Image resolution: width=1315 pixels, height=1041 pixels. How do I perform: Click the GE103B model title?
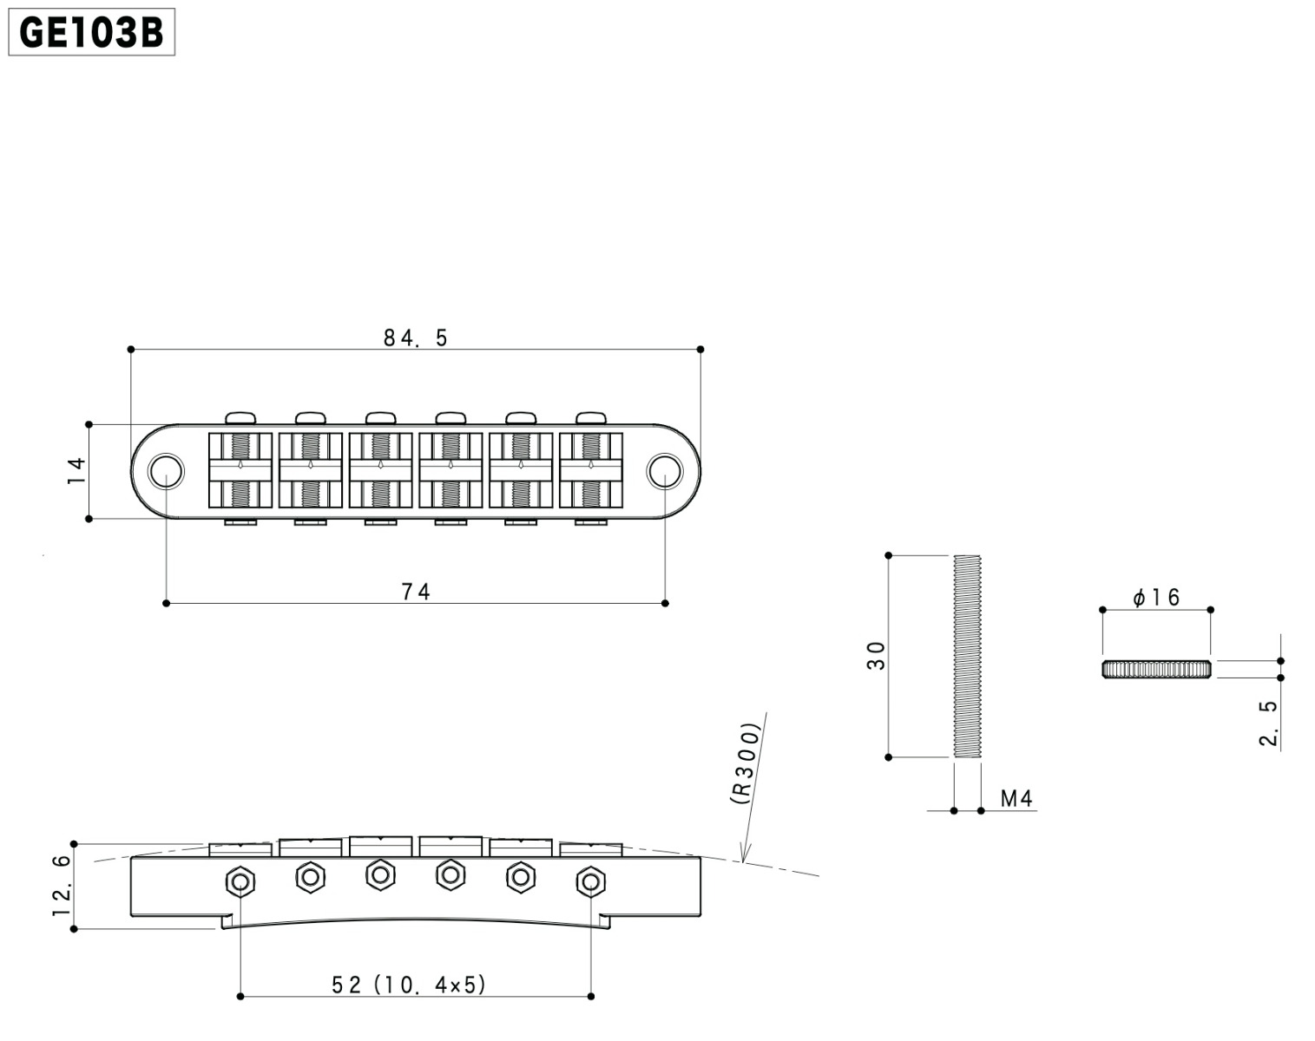pyautogui.click(x=92, y=32)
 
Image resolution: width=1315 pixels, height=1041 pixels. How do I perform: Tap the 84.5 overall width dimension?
pyautogui.click(x=416, y=337)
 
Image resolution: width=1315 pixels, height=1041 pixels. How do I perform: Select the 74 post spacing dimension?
pyautogui.click(x=416, y=592)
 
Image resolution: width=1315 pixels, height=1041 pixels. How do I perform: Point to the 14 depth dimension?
pyautogui.click(x=77, y=471)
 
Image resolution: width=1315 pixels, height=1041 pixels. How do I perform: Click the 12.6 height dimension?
pyautogui.click(x=62, y=886)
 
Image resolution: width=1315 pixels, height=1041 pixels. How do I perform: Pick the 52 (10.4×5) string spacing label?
pyautogui.click(x=409, y=985)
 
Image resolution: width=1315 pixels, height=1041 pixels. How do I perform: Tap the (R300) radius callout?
pyautogui.click(x=746, y=763)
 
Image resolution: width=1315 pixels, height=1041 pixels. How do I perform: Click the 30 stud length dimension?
pyautogui.click(x=876, y=656)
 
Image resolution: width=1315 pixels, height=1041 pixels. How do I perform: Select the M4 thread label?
pyautogui.click(x=1016, y=798)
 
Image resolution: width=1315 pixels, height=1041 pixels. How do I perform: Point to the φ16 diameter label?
pyautogui.click(x=1156, y=597)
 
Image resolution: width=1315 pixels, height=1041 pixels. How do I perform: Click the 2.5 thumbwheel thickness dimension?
pyautogui.click(x=1268, y=723)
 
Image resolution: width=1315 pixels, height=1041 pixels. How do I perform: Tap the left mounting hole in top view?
pyautogui.click(x=166, y=471)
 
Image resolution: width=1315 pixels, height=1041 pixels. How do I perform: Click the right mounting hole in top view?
pyautogui.click(x=665, y=471)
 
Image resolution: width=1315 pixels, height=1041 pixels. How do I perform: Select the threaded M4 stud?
pyautogui.click(x=967, y=656)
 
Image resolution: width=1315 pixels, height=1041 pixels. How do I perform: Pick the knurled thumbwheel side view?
pyautogui.click(x=1157, y=669)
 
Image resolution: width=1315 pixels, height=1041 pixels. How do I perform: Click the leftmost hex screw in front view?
pyautogui.click(x=240, y=881)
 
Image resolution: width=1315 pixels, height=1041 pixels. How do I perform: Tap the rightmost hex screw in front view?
pyautogui.click(x=591, y=881)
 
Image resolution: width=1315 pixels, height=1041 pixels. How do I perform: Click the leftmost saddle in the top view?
pyautogui.click(x=240, y=470)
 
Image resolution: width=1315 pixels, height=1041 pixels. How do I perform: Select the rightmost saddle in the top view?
pyautogui.click(x=591, y=470)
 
